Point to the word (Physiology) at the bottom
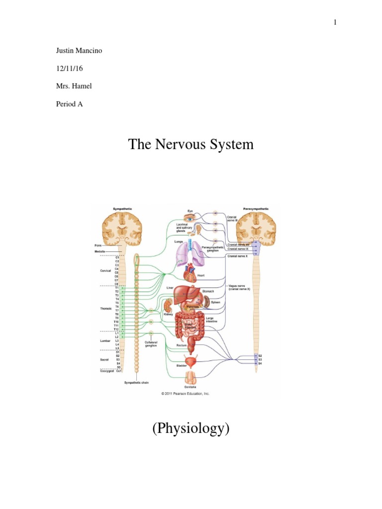(191, 428)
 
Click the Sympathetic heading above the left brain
(122, 209)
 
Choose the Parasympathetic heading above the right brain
(256, 209)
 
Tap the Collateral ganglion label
(151, 344)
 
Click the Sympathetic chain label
(136, 383)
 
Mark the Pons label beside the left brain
(98, 246)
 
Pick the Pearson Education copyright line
(185, 393)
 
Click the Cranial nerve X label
(237, 256)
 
